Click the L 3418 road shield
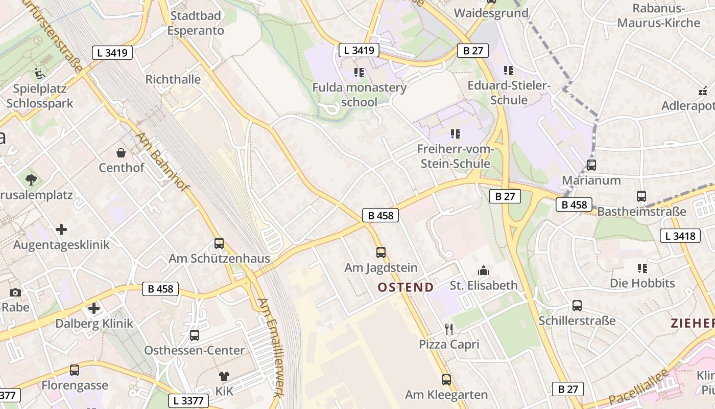click(x=680, y=236)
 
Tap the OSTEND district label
click(x=406, y=287)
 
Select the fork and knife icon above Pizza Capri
click(x=449, y=329)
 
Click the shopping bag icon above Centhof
click(x=122, y=152)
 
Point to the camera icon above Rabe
click(x=15, y=292)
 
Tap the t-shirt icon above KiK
click(x=224, y=376)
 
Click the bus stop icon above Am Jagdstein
click(x=381, y=252)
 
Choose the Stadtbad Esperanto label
click(x=196, y=23)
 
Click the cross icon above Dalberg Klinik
click(x=94, y=308)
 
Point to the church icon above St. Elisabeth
click(x=483, y=270)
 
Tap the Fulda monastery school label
click(x=360, y=94)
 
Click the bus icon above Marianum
click(x=591, y=165)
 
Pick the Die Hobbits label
click(x=642, y=283)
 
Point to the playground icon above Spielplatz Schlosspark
click(x=39, y=74)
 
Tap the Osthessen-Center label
click(x=194, y=350)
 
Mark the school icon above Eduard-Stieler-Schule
click(x=508, y=70)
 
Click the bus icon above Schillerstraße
click(x=577, y=306)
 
